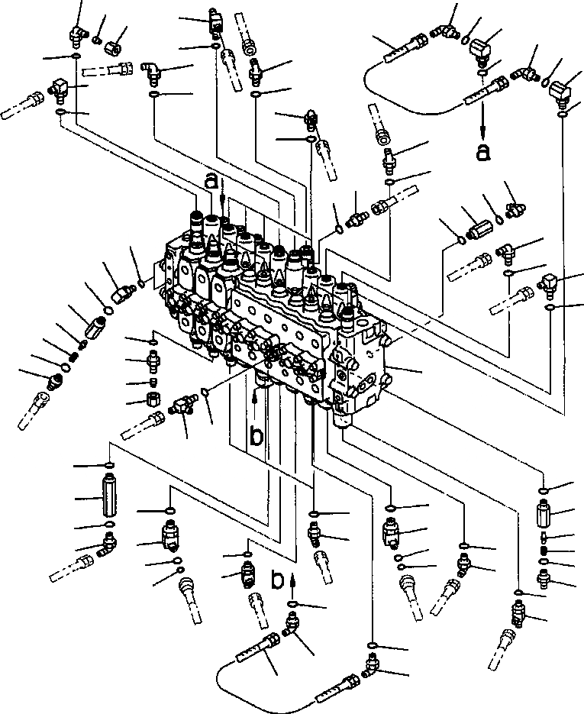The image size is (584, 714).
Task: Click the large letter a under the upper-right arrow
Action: coord(482,152)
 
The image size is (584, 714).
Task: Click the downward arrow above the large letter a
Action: coord(482,122)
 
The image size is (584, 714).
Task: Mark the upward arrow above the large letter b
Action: coord(254,397)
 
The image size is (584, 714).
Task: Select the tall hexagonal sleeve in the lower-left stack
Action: coord(108,499)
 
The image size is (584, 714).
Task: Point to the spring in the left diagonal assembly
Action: coord(75,356)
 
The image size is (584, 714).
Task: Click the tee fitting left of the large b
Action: coord(182,404)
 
